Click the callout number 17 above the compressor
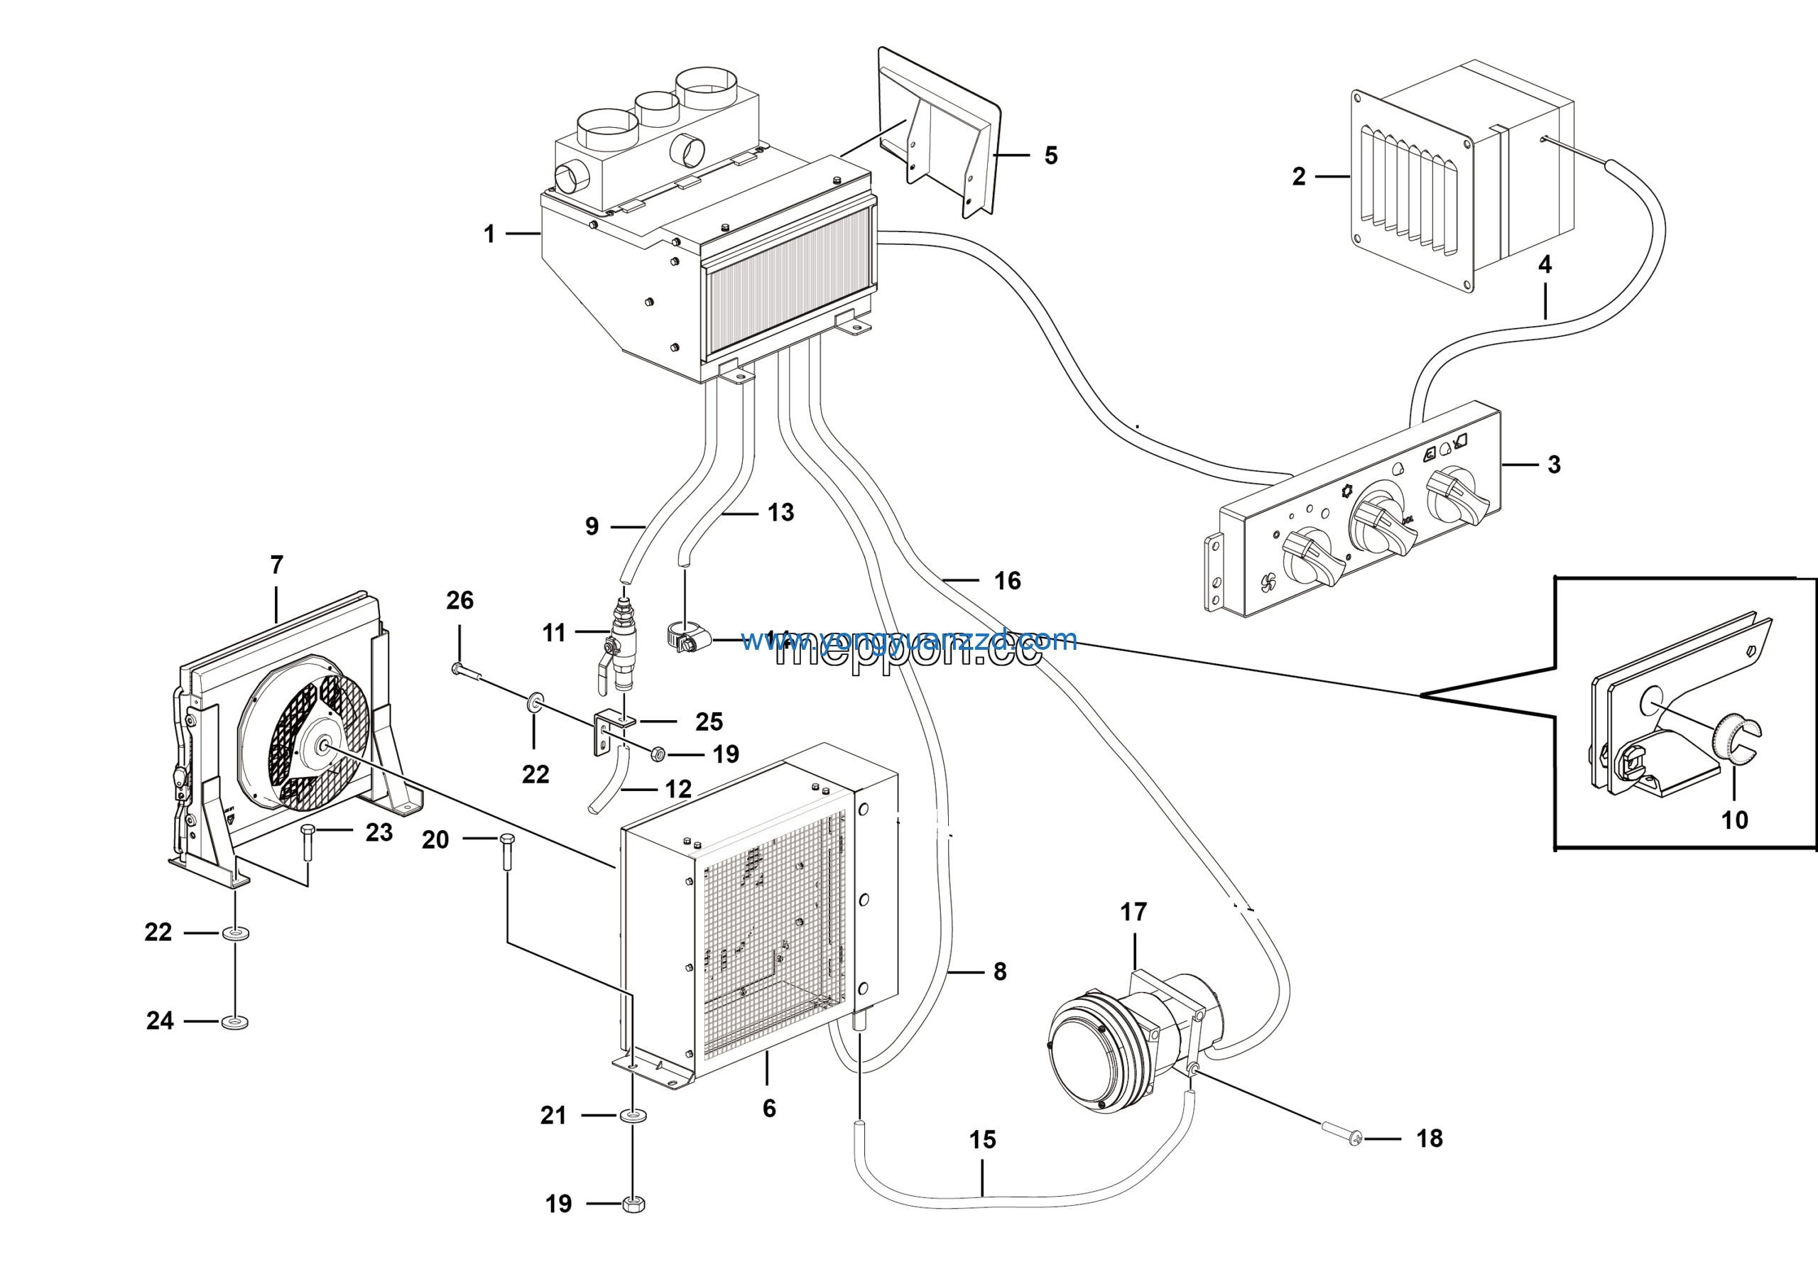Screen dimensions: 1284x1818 (1133, 912)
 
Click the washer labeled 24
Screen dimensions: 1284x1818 (234, 1021)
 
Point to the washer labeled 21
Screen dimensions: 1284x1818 (633, 1116)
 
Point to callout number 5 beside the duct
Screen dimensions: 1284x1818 (1051, 155)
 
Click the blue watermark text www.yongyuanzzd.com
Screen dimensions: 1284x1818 (909, 639)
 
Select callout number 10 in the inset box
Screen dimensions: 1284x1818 (1734, 820)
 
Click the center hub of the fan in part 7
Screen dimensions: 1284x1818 (323, 745)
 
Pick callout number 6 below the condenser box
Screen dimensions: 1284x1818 (769, 1109)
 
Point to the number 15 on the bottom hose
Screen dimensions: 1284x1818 (982, 1139)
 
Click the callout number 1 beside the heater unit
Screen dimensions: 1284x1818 (489, 234)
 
